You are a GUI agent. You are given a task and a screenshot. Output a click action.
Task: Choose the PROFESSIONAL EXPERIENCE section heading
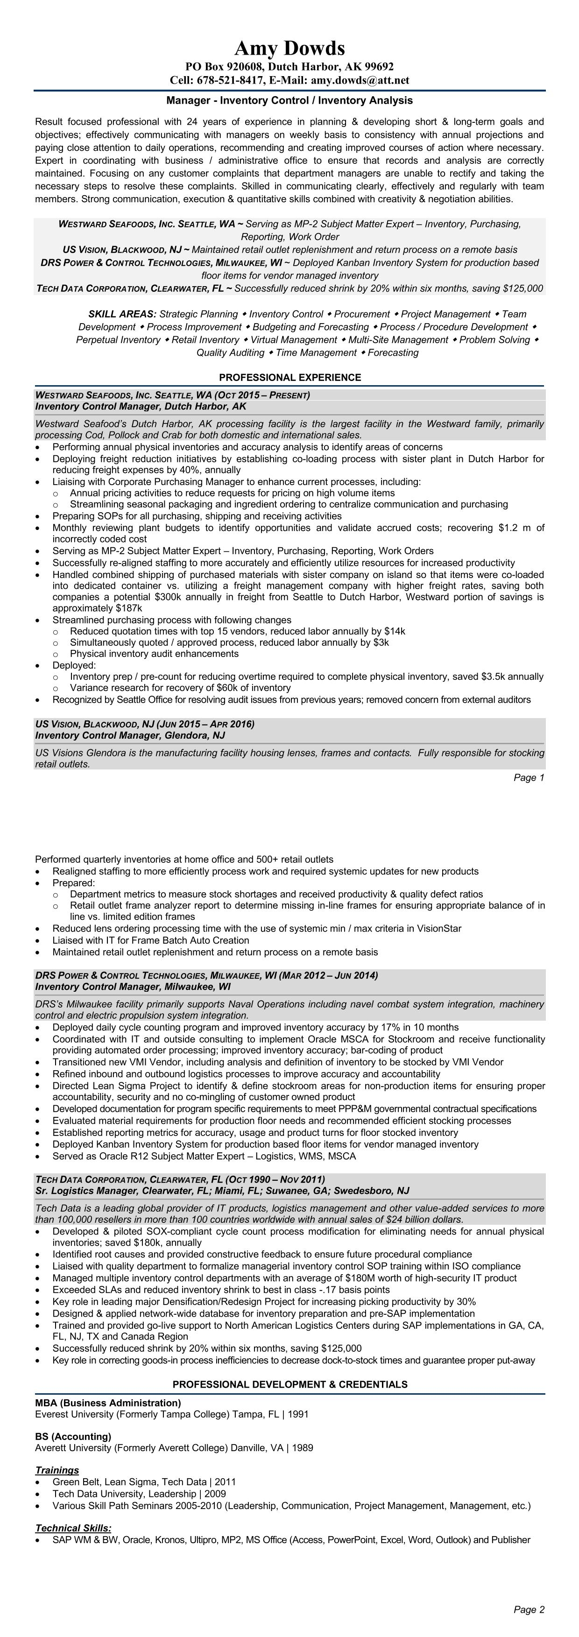(290, 377)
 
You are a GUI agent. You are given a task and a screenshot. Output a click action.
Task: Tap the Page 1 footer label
(529, 778)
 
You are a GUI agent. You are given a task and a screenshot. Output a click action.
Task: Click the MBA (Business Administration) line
(108, 1403)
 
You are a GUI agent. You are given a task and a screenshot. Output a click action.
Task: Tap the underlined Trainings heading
(57, 1470)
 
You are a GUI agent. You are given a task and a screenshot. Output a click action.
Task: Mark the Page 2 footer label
(529, 1609)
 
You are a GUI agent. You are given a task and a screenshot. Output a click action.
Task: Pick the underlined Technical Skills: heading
(73, 1528)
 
